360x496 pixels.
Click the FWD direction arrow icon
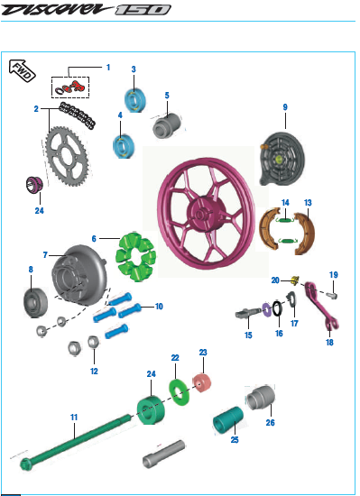[x=23, y=71]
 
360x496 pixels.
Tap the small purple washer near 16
[x=269, y=309]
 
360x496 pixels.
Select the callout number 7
[x=45, y=255]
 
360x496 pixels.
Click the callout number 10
[x=159, y=307]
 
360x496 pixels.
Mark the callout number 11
[x=74, y=417]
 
